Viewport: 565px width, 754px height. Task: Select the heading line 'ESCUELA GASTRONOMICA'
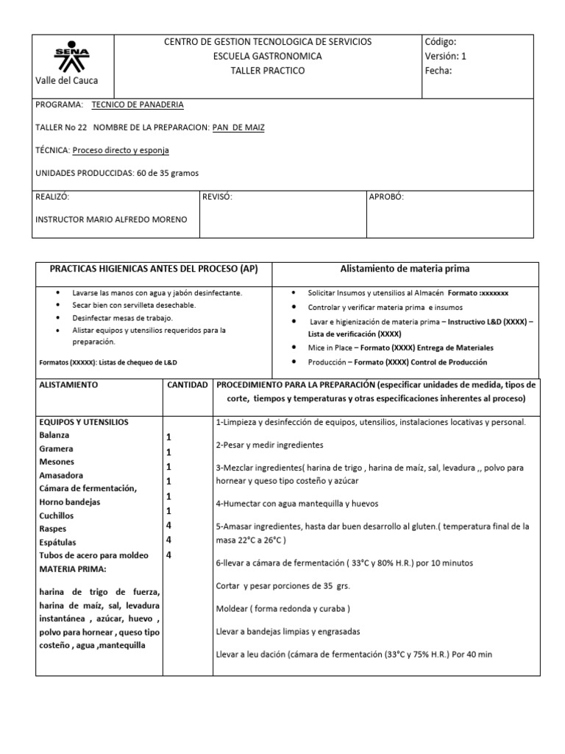[267, 56]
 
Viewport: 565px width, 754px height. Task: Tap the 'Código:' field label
[441, 42]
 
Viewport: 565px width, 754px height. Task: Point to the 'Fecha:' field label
[438, 71]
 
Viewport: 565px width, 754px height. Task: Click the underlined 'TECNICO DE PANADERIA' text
[138, 105]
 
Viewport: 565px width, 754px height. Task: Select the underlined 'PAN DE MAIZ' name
[238, 127]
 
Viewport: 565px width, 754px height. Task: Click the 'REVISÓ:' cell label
[217, 197]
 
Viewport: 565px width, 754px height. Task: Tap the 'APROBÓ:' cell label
[386, 197]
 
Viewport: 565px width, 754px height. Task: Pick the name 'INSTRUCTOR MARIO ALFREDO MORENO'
[111, 219]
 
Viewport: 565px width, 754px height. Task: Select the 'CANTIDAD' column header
[188, 385]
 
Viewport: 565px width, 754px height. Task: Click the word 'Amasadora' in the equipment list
[61, 476]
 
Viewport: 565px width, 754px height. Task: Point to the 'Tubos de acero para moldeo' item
[93, 555]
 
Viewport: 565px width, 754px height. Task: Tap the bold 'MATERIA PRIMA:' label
[73, 568]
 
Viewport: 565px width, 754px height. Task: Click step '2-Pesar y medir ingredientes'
[270, 445]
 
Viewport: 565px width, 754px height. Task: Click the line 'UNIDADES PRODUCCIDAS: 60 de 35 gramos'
[117, 173]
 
